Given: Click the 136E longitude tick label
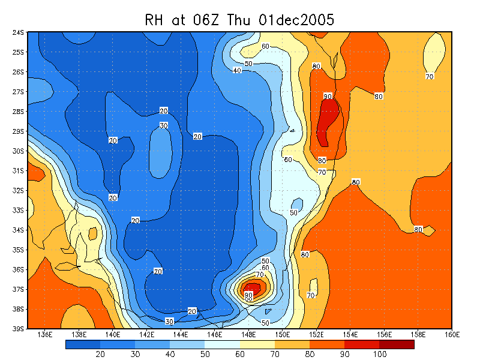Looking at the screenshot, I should point(44,334).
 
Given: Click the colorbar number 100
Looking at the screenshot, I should point(379,355).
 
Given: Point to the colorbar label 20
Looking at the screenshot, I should point(100,355).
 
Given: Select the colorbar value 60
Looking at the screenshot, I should point(239,355).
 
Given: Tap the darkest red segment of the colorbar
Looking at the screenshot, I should point(397,344).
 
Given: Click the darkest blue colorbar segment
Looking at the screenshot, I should point(83,344).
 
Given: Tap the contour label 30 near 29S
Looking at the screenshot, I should point(163,125).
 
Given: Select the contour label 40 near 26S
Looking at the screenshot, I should point(237,71).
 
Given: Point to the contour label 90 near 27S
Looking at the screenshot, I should point(328,96).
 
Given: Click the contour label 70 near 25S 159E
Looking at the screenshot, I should point(430,76).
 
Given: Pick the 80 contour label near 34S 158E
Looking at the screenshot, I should point(418,230).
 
